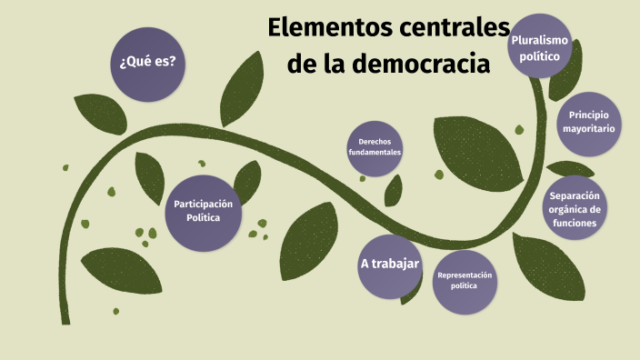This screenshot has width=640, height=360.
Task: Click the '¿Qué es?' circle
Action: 147,63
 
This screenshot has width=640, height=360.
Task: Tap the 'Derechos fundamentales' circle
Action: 375,147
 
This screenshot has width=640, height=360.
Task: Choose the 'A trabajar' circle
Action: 389,265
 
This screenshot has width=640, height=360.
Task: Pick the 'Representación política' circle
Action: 464,280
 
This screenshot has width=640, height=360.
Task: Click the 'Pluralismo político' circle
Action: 540,48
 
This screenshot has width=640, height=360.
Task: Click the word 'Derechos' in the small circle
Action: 375,142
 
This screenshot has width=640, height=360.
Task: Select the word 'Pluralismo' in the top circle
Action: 540,41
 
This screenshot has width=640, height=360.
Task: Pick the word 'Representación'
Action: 464,275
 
